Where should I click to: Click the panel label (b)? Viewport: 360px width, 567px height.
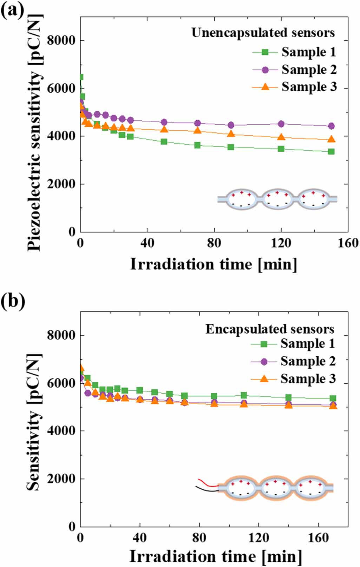(13, 301)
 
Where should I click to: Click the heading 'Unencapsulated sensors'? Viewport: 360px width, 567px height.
(263, 33)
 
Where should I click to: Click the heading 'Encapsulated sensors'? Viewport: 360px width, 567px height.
(270, 329)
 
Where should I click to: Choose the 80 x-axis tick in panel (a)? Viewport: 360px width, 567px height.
(214, 243)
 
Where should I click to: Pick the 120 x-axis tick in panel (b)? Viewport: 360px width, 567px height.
(258, 538)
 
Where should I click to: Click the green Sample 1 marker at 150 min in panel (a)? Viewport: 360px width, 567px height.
(331, 151)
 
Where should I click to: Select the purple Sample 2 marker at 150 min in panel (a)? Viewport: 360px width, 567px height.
(331, 126)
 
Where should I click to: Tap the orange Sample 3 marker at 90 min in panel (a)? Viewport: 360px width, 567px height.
(231, 134)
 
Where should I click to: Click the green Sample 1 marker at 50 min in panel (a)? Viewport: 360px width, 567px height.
(164, 141)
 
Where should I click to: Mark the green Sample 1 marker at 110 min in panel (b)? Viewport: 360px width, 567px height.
(244, 395)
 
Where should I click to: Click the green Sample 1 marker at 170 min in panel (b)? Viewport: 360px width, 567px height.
(333, 398)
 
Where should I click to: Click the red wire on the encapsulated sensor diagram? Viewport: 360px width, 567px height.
(207, 483)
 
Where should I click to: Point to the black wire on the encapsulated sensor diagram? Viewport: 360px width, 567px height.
(207, 489)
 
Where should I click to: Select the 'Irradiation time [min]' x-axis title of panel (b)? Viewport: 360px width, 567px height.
(215, 556)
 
